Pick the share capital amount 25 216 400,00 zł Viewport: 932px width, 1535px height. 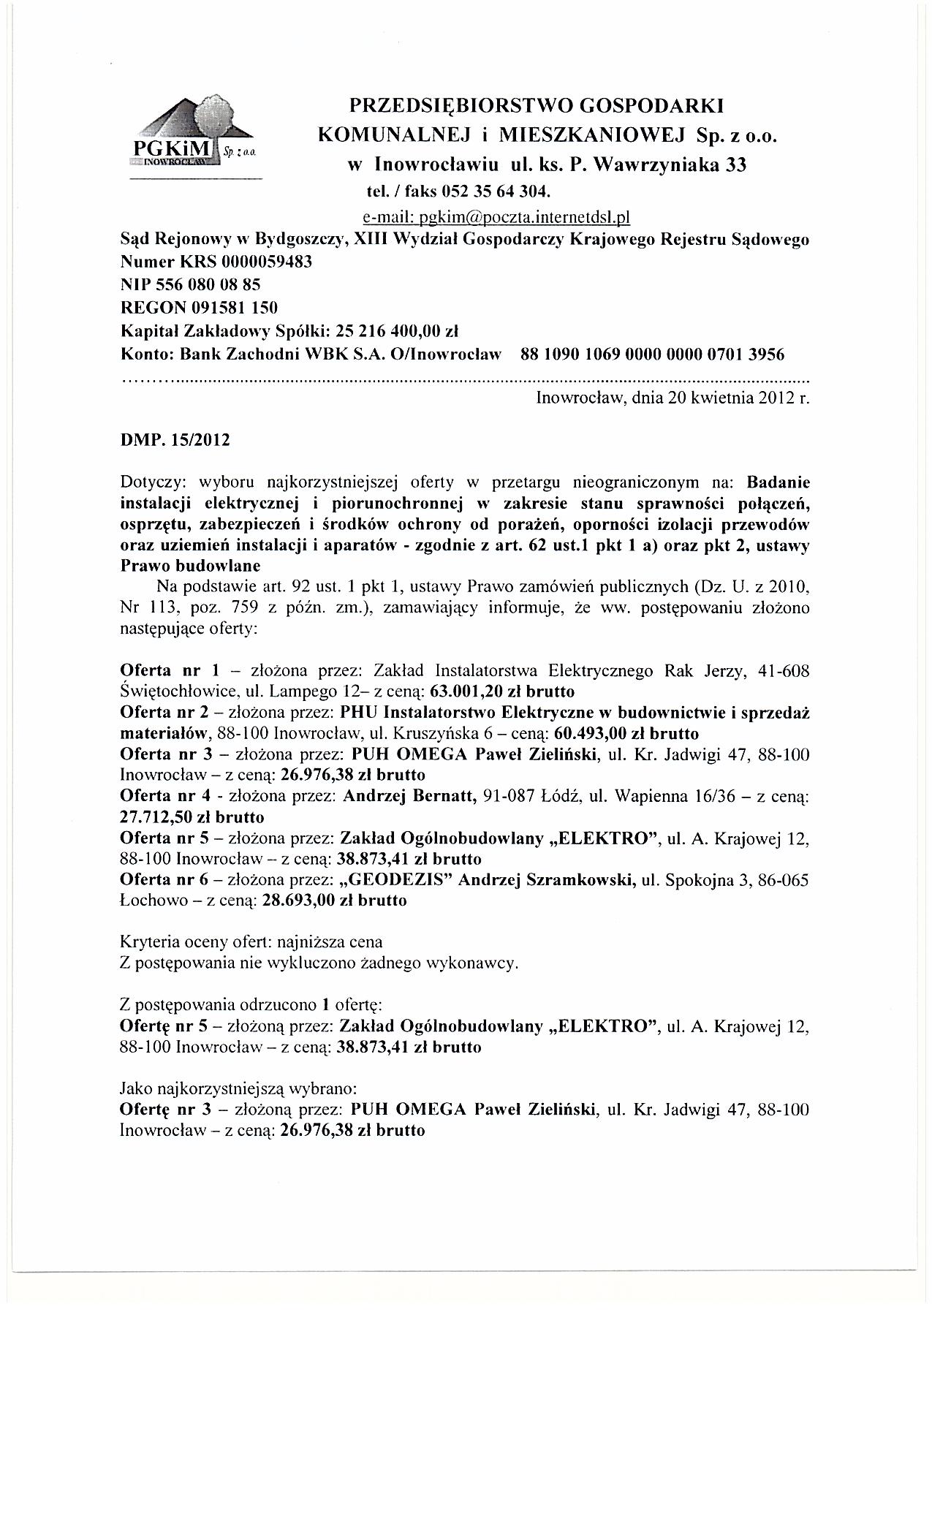[395, 331]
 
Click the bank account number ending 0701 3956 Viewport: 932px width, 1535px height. [652, 355]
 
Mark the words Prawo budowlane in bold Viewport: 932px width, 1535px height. [189, 566]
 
